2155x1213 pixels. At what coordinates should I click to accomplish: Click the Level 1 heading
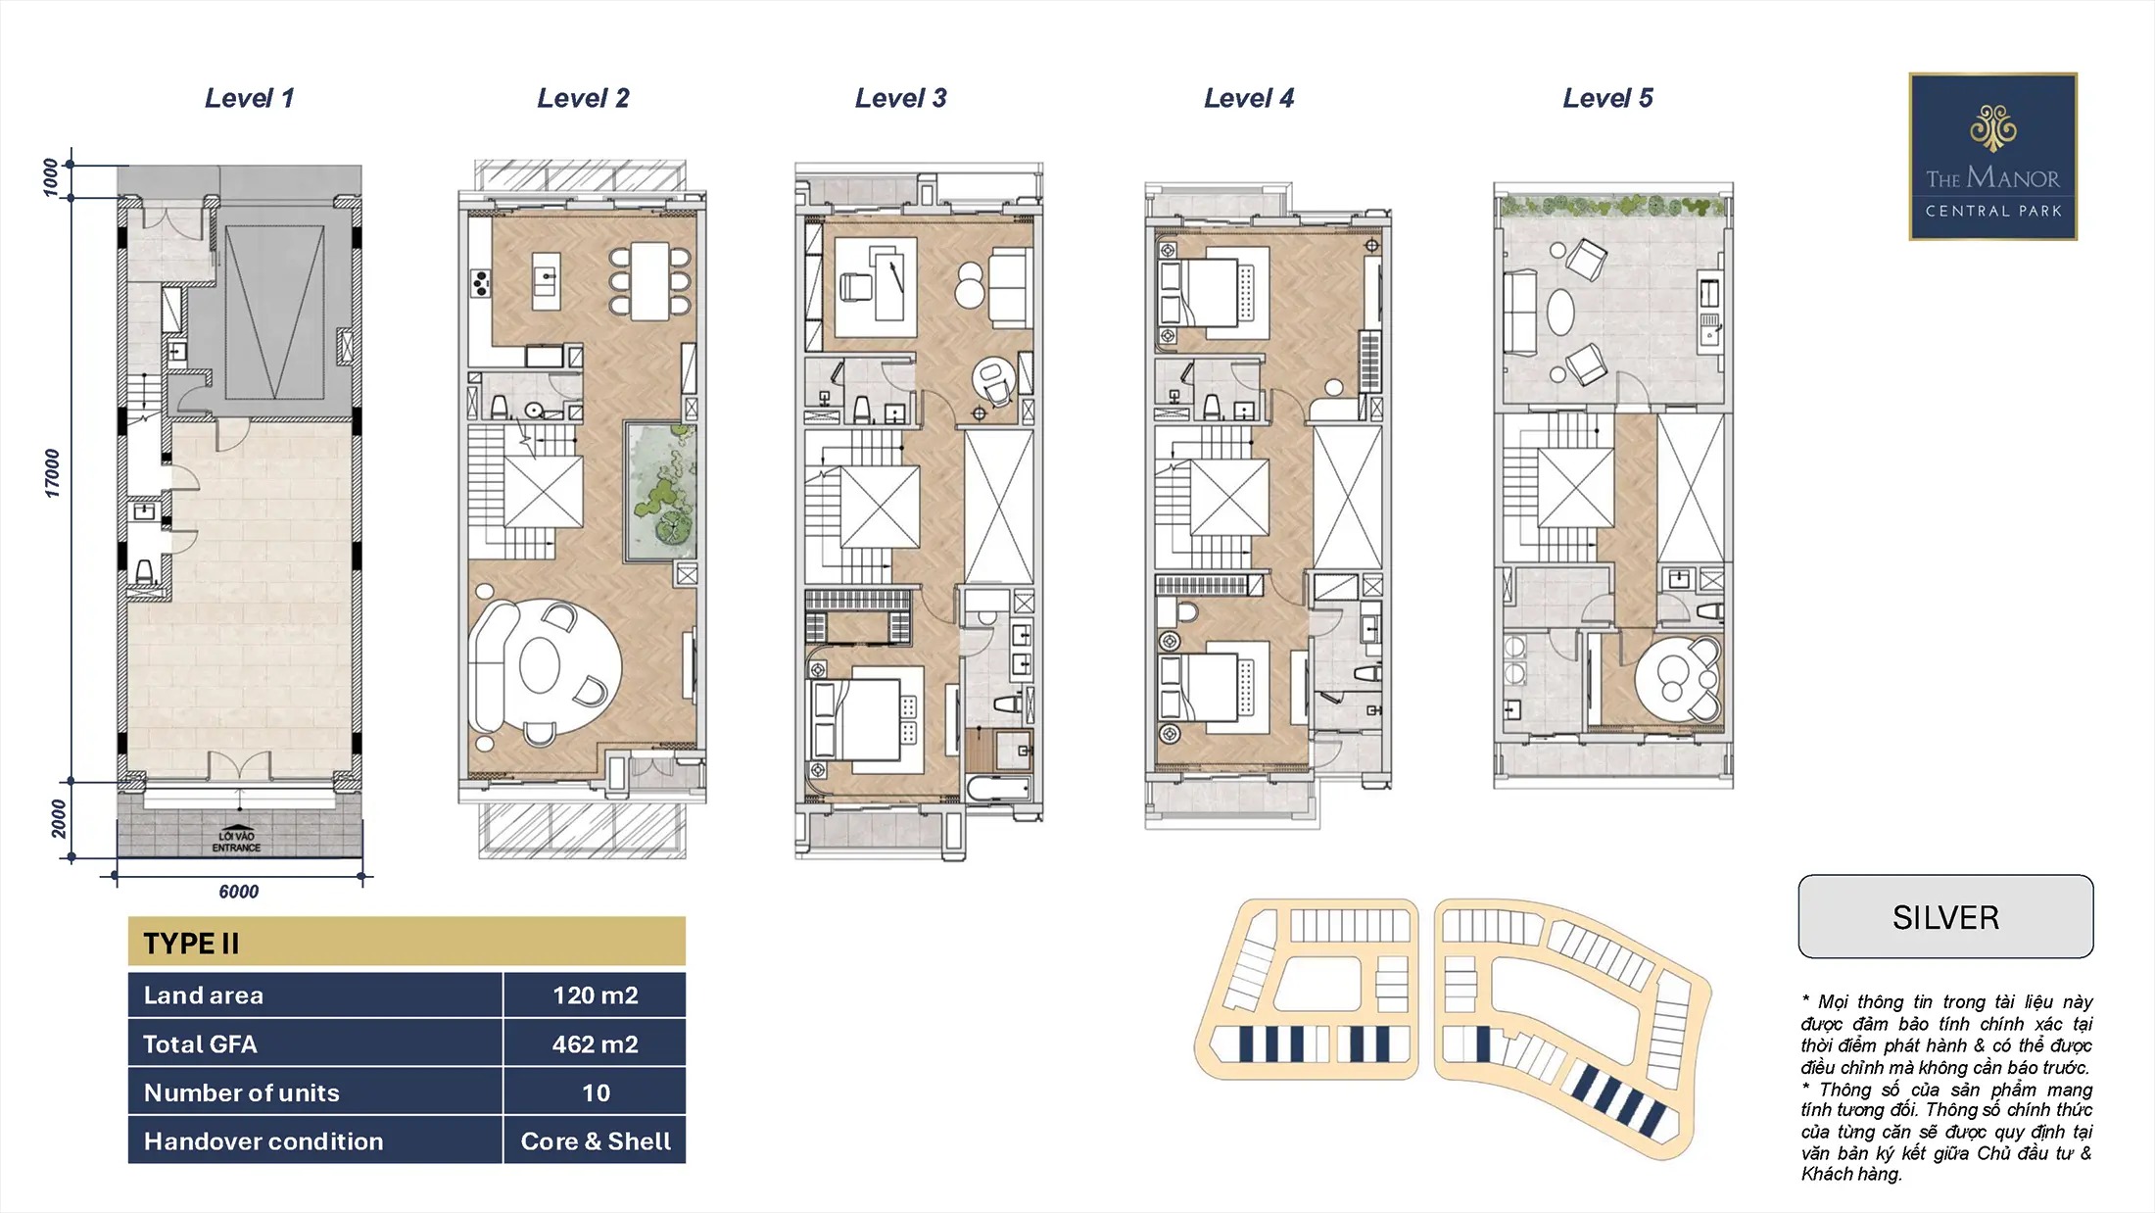click(x=249, y=98)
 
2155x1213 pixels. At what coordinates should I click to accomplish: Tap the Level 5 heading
click(x=1607, y=98)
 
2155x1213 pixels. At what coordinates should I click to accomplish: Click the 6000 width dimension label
click(x=239, y=892)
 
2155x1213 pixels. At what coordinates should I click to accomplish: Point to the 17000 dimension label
click(x=52, y=473)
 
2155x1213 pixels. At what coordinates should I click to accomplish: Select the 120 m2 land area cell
click(x=595, y=995)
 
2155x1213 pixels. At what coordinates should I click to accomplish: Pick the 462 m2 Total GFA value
click(x=595, y=1044)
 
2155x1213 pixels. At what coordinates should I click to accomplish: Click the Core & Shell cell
click(x=595, y=1141)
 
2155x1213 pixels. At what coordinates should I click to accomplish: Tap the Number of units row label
click(x=241, y=1092)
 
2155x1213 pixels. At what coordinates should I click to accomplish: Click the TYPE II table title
click(x=191, y=944)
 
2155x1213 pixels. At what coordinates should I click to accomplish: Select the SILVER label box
click(x=1945, y=917)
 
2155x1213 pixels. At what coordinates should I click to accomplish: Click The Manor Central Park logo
click(x=1993, y=157)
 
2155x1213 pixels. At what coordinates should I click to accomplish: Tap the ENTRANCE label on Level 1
click(x=236, y=848)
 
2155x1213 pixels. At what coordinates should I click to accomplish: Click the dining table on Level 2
click(x=649, y=281)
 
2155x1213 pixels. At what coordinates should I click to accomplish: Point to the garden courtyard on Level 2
click(x=661, y=492)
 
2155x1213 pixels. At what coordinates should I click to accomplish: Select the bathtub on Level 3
click(x=999, y=789)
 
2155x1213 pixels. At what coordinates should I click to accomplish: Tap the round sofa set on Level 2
click(x=545, y=666)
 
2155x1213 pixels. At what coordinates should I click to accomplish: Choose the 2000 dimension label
click(x=59, y=819)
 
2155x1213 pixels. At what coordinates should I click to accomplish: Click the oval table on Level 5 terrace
click(x=1560, y=313)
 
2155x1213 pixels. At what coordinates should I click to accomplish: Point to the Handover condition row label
click(x=263, y=1141)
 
